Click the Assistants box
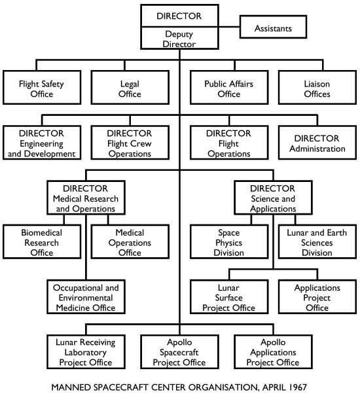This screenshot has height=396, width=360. pyautogui.click(x=274, y=28)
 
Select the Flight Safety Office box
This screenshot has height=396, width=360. pyautogui.click(x=42, y=88)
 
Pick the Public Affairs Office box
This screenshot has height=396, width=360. pyautogui.click(x=229, y=88)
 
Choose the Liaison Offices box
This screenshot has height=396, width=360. pyautogui.click(x=317, y=88)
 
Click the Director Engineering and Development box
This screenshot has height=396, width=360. pyautogui.click(x=42, y=143)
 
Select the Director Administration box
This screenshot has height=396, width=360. pyautogui.click(x=317, y=143)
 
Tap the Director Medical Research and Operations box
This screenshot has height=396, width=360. pyautogui.click(x=84, y=198)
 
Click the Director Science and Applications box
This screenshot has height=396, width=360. pyautogui.click(x=273, y=198)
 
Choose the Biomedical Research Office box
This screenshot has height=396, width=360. pyautogui.click(x=42, y=242)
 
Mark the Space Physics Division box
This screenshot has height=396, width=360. pyautogui.click(x=229, y=242)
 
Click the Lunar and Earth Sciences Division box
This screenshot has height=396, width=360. pyautogui.click(x=317, y=242)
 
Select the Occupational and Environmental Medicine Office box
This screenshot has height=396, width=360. pyautogui.click(x=84, y=297)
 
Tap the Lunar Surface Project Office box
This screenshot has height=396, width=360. pyautogui.click(x=229, y=297)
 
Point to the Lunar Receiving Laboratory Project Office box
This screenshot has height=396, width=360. pyautogui.click(x=84, y=351)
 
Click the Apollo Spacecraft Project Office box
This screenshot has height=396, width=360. pyautogui.click(x=179, y=351)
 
